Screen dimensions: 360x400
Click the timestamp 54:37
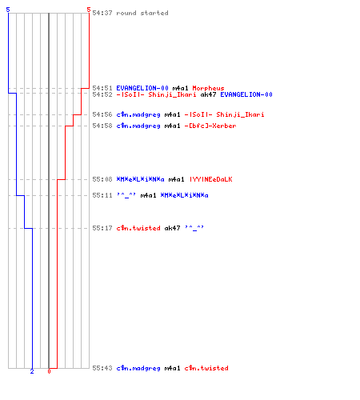click(102, 13)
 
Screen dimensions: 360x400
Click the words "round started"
click(142, 13)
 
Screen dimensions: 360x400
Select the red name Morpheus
click(208, 88)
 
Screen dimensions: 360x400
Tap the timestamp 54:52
click(102, 94)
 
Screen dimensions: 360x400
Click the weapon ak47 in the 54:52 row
click(208, 94)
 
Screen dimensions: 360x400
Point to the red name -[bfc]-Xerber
click(210, 126)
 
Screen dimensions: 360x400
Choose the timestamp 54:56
click(102, 114)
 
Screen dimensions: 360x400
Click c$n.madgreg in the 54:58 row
click(138, 126)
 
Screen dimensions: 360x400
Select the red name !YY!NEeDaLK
click(210, 179)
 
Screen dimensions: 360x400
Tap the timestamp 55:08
click(102, 179)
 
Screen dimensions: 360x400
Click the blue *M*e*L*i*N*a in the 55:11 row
click(184, 195)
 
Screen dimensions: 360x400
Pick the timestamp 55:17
click(102, 228)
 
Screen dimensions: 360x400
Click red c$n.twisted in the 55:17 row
click(138, 228)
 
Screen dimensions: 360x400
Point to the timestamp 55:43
click(102, 368)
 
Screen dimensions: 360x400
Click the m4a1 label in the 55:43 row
click(172, 368)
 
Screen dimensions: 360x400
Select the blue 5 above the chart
click(8, 10)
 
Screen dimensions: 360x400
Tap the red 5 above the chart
click(89, 10)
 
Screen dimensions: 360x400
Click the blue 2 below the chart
click(32, 371)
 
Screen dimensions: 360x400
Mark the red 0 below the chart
click(49, 371)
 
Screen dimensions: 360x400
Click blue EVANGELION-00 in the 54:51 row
click(142, 88)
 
